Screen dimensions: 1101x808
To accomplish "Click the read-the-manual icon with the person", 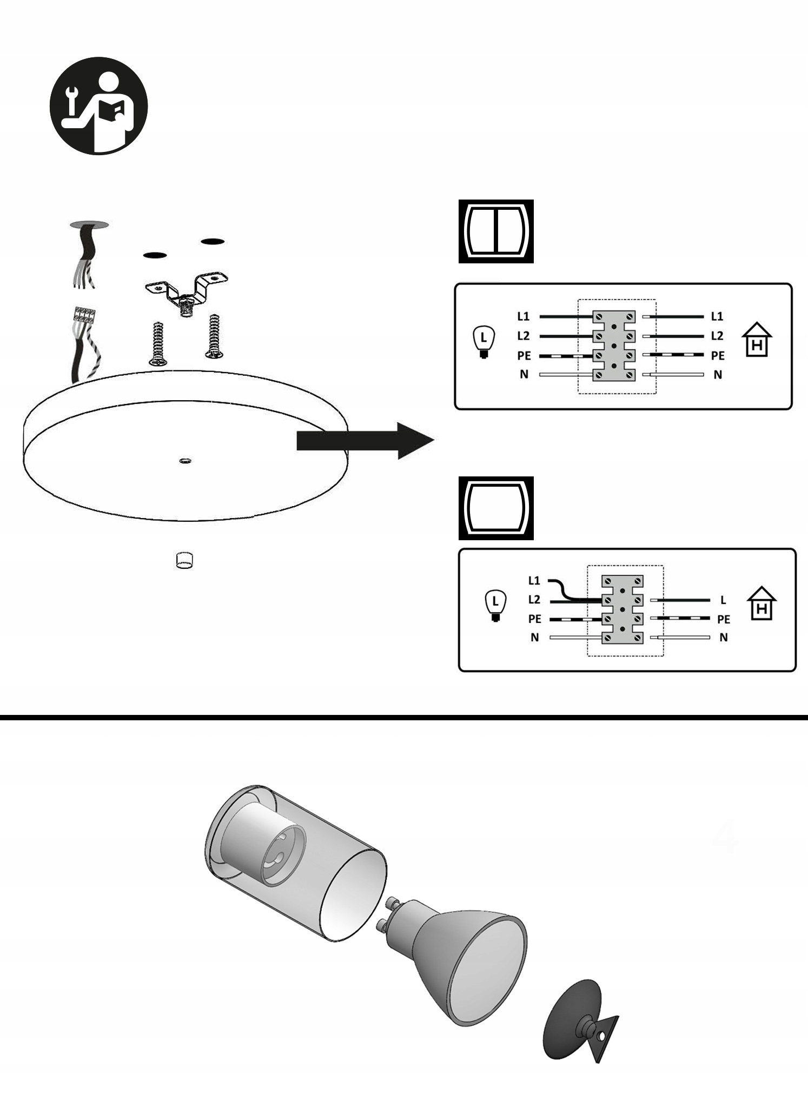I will [x=98, y=106].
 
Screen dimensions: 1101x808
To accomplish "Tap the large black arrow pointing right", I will [x=365, y=441].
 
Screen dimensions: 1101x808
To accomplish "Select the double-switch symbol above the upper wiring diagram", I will [x=496, y=231].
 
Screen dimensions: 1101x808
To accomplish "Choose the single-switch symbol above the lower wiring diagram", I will [x=496, y=508].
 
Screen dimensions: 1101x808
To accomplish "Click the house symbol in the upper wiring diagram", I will [x=757, y=340].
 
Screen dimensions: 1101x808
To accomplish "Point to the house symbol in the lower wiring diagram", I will [x=761, y=603].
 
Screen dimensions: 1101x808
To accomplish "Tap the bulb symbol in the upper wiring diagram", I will [x=484, y=342].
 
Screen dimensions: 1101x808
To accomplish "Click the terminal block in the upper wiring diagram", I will [x=614, y=346].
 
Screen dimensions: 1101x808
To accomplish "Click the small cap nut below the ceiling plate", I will [x=184, y=560].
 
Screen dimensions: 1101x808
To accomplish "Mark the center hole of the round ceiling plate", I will [x=185, y=461].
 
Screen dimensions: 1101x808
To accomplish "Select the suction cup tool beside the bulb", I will [x=579, y=1022].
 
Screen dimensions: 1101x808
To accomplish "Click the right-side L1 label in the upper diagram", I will [x=717, y=316].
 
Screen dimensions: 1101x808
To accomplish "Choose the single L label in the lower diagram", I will [x=723, y=600].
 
